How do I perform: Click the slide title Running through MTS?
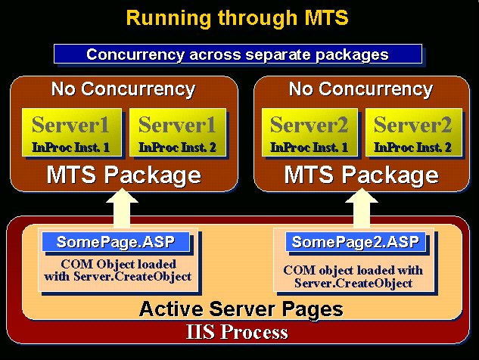(x=237, y=18)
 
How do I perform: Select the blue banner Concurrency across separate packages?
(x=238, y=54)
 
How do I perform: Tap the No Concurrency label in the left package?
(x=123, y=89)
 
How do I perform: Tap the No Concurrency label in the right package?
(x=361, y=89)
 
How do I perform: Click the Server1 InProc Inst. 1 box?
(x=71, y=132)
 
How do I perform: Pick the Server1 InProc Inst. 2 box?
(x=178, y=132)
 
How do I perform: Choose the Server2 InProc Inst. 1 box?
(x=309, y=132)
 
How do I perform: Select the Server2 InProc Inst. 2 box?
(x=414, y=132)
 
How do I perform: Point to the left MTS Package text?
(x=123, y=175)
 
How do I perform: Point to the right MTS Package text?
(x=362, y=175)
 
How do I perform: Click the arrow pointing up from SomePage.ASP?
(x=122, y=208)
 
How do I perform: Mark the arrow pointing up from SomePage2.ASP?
(x=362, y=208)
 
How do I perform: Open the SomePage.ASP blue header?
(x=116, y=242)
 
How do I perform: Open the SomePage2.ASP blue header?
(x=356, y=242)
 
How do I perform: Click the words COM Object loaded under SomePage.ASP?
(x=119, y=264)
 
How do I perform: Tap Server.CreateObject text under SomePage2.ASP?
(x=353, y=283)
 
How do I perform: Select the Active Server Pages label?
(x=241, y=309)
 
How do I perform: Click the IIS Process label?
(x=237, y=331)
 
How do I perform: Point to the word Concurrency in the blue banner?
(x=135, y=54)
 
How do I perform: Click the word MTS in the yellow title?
(x=327, y=17)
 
